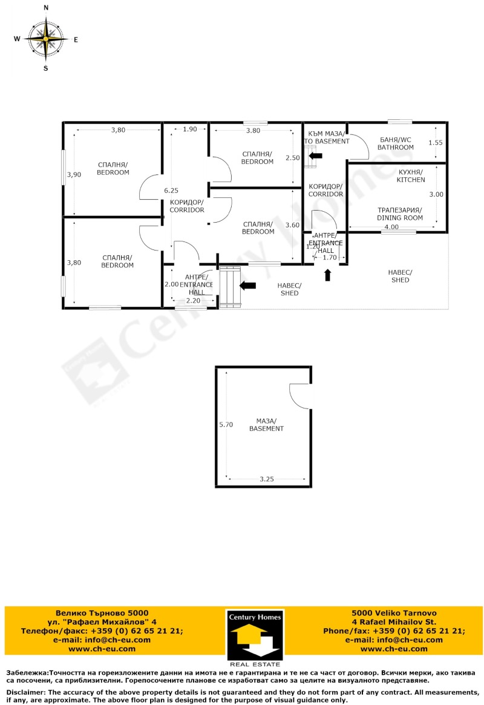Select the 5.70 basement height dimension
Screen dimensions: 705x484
click(226, 425)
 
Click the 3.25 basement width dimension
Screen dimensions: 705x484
click(266, 479)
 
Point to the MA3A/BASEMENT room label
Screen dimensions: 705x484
click(266, 424)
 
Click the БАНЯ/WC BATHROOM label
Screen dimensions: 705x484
click(395, 143)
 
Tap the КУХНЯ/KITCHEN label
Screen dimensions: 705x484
click(411, 176)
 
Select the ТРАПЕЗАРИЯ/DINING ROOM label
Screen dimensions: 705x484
click(399, 214)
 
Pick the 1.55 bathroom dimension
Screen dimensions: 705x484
click(436, 143)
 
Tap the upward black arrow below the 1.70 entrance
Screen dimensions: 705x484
click(328, 275)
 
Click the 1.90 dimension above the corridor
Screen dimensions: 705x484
click(189, 130)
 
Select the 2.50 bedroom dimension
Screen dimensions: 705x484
click(292, 158)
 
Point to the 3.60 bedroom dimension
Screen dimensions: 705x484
click(292, 225)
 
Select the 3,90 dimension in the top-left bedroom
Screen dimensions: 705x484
click(74, 174)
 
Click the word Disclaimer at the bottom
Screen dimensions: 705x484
click(25, 692)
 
